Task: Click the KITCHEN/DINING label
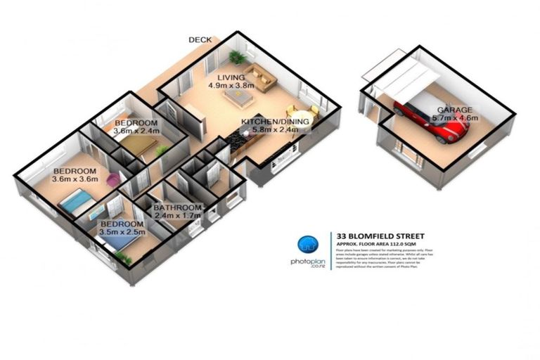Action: pyautogui.click(x=275, y=122)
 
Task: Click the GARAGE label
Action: pyautogui.click(x=455, y=110)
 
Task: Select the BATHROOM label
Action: pyautogui.click(x=179, y=208)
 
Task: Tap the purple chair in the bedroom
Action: pyautogui.click(x=113, y=180)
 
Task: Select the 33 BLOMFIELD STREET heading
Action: pyautogui.click(x=379, y=236)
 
